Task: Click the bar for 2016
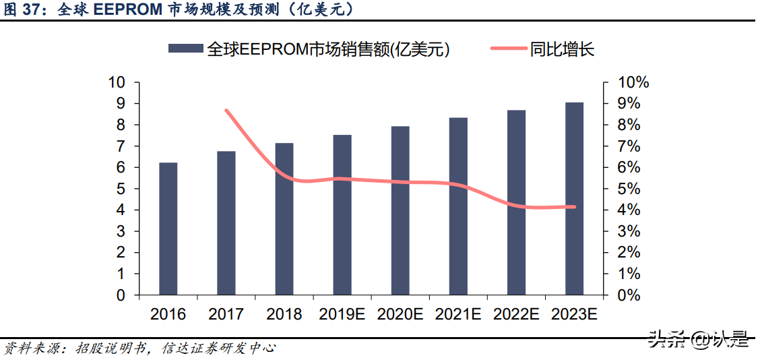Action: (168, 229)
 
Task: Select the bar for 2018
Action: (284, 219)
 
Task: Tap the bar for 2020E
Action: (400, 210)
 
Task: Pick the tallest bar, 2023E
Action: (574, 199)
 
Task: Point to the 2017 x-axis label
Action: (226, 314)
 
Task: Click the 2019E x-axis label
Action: (342, 314)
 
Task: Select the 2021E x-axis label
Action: (458, 314)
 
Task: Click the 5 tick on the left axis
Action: (121, 189)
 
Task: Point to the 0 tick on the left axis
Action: (121, 295)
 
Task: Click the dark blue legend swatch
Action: (185, 49)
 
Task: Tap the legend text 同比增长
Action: (562, 49)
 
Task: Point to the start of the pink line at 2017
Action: (226, 111)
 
